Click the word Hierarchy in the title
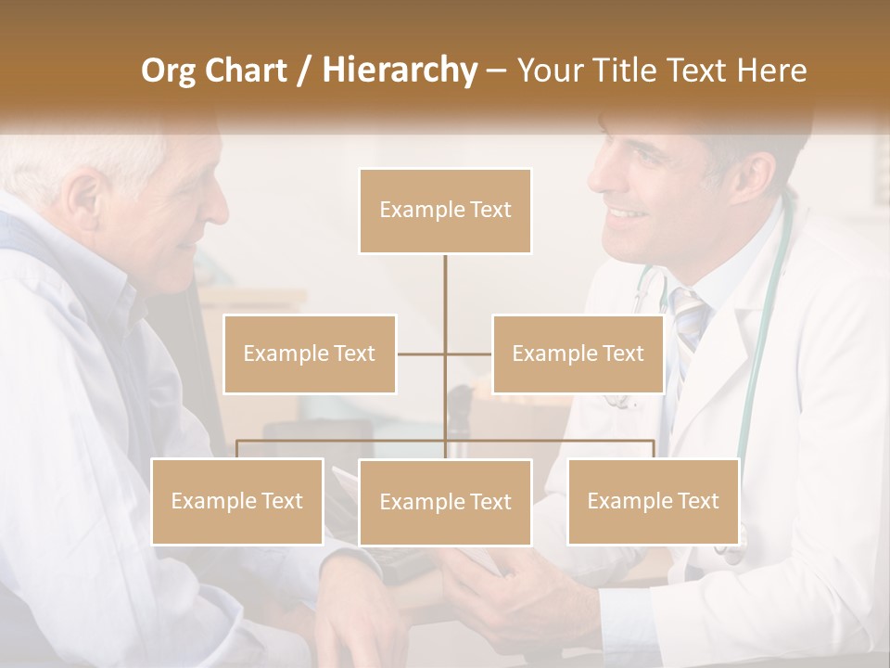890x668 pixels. click(x=399, y=71)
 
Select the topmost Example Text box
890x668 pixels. click(x=445, y=211)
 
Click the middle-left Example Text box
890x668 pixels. click(x=310, y=353)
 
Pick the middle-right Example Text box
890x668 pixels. click(x=578, y=353)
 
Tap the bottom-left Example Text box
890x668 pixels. click(x=237, y=501)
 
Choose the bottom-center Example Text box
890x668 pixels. click(x=445, y=502)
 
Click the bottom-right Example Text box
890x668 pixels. click(x=653, y=501)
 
